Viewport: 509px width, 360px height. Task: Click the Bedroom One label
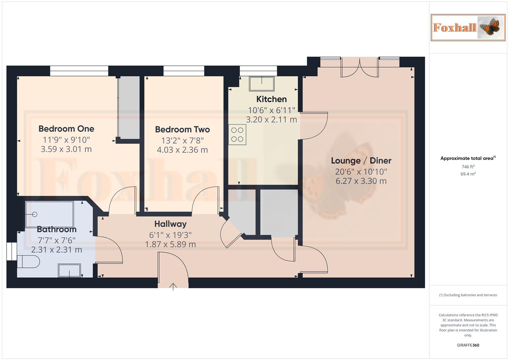66,129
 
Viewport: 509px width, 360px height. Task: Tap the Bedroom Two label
182,129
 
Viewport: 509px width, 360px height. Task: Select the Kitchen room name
271,99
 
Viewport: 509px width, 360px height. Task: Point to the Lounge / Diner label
361,161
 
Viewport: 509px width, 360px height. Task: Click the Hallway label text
170,224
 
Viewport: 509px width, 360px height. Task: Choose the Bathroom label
57,229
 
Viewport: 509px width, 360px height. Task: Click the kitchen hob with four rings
237,135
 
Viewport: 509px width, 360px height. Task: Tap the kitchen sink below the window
262,83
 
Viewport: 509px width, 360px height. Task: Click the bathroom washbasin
69,270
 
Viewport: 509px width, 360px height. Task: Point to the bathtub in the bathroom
50,214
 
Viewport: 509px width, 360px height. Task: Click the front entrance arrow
173,286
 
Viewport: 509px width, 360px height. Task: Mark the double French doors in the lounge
360,68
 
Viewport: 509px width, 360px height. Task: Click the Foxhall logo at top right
468,28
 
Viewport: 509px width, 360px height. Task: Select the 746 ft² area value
468,167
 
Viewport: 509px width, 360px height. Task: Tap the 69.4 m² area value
468,174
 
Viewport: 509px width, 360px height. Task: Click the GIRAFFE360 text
468,345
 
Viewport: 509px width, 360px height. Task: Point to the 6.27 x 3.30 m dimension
361,181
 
